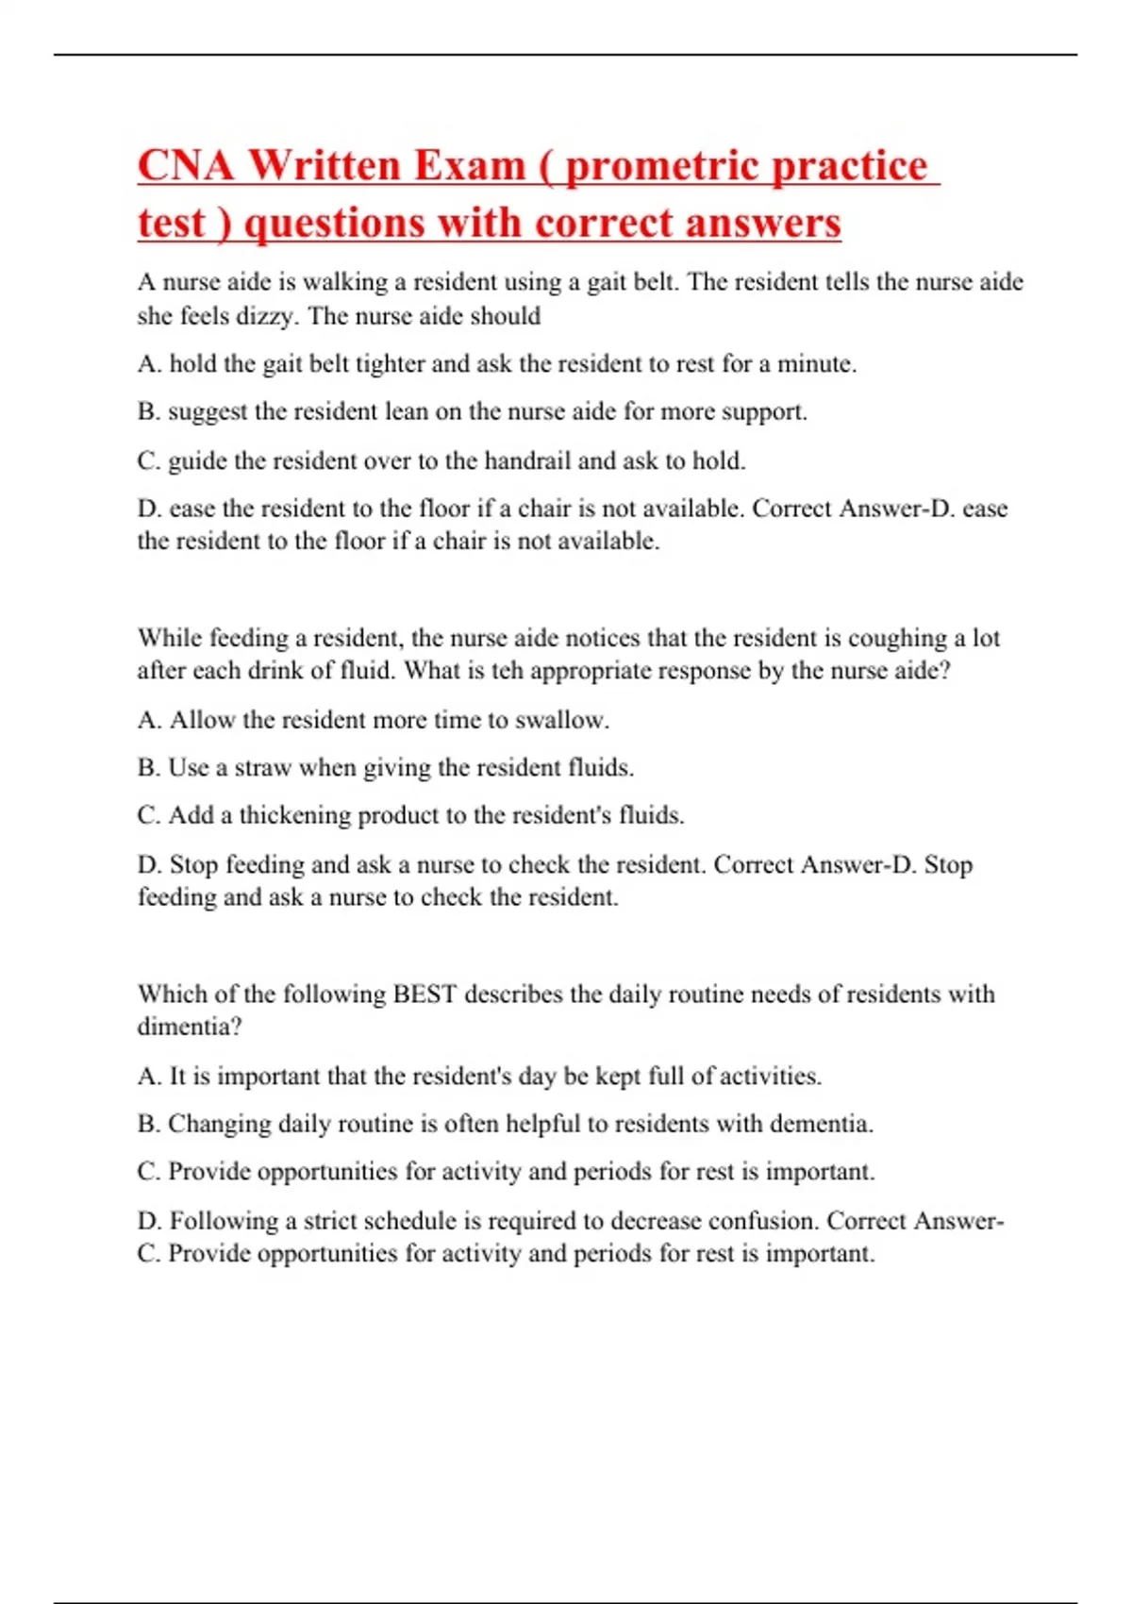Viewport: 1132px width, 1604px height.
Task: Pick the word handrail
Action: [527, 461]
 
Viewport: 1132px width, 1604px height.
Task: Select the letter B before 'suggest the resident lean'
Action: [147, 412]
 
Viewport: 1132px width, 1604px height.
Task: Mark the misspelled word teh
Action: [508, 671]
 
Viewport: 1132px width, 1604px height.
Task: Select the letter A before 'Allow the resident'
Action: [148, 721]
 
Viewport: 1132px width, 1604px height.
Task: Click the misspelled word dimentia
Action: [186, 1027]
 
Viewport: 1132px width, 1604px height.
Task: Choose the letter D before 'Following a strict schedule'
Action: [148, 1221]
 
